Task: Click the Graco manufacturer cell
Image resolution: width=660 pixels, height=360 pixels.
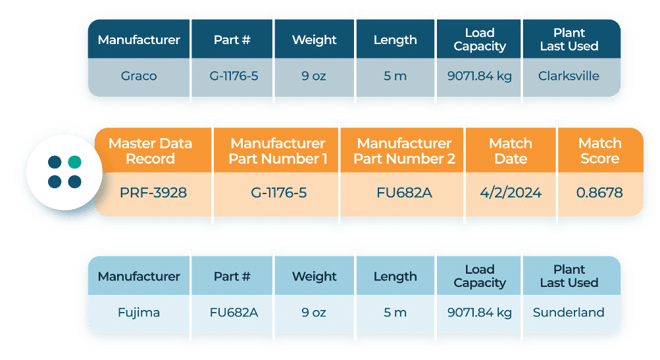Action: [x=139, y=76]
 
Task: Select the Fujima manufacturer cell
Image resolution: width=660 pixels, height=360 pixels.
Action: [x=139, y=313]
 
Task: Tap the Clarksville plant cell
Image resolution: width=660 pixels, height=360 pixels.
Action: [x=569, y=76]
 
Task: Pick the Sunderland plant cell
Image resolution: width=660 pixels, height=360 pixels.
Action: [x=569, y=313]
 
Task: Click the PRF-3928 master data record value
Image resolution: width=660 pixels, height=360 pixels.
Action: [x=153, y=193]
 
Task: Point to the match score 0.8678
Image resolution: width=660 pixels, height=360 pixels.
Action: [x=599, y=193]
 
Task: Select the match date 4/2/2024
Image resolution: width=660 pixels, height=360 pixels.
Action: [x=511, y=193]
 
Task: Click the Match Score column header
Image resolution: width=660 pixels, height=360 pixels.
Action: [x=599, y=151]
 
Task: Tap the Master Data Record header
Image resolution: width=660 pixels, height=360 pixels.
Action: [x=151, y=151]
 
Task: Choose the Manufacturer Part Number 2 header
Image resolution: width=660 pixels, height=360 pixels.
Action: [x=404, y=151]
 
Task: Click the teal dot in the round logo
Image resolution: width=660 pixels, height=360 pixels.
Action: [x=74, y=162]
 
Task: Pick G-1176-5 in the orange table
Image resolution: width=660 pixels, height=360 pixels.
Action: [x=278, y=193]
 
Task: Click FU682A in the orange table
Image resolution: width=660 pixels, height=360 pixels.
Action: [x=404, y=193]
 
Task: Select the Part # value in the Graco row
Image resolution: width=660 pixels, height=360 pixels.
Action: [x=233, y=76]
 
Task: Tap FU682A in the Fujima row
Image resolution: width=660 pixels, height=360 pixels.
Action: [x=233, y=313]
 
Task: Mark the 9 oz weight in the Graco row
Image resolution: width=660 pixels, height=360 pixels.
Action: [x=314, y=76]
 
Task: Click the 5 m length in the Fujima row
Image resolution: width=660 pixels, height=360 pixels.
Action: [x=395, y=313]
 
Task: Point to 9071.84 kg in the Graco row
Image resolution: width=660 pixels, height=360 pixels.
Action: [x=479, y=76]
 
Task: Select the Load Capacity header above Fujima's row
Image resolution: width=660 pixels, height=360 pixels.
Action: [x=479, y=276]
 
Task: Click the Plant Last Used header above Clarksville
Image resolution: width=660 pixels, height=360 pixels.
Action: [x=569, y=39]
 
